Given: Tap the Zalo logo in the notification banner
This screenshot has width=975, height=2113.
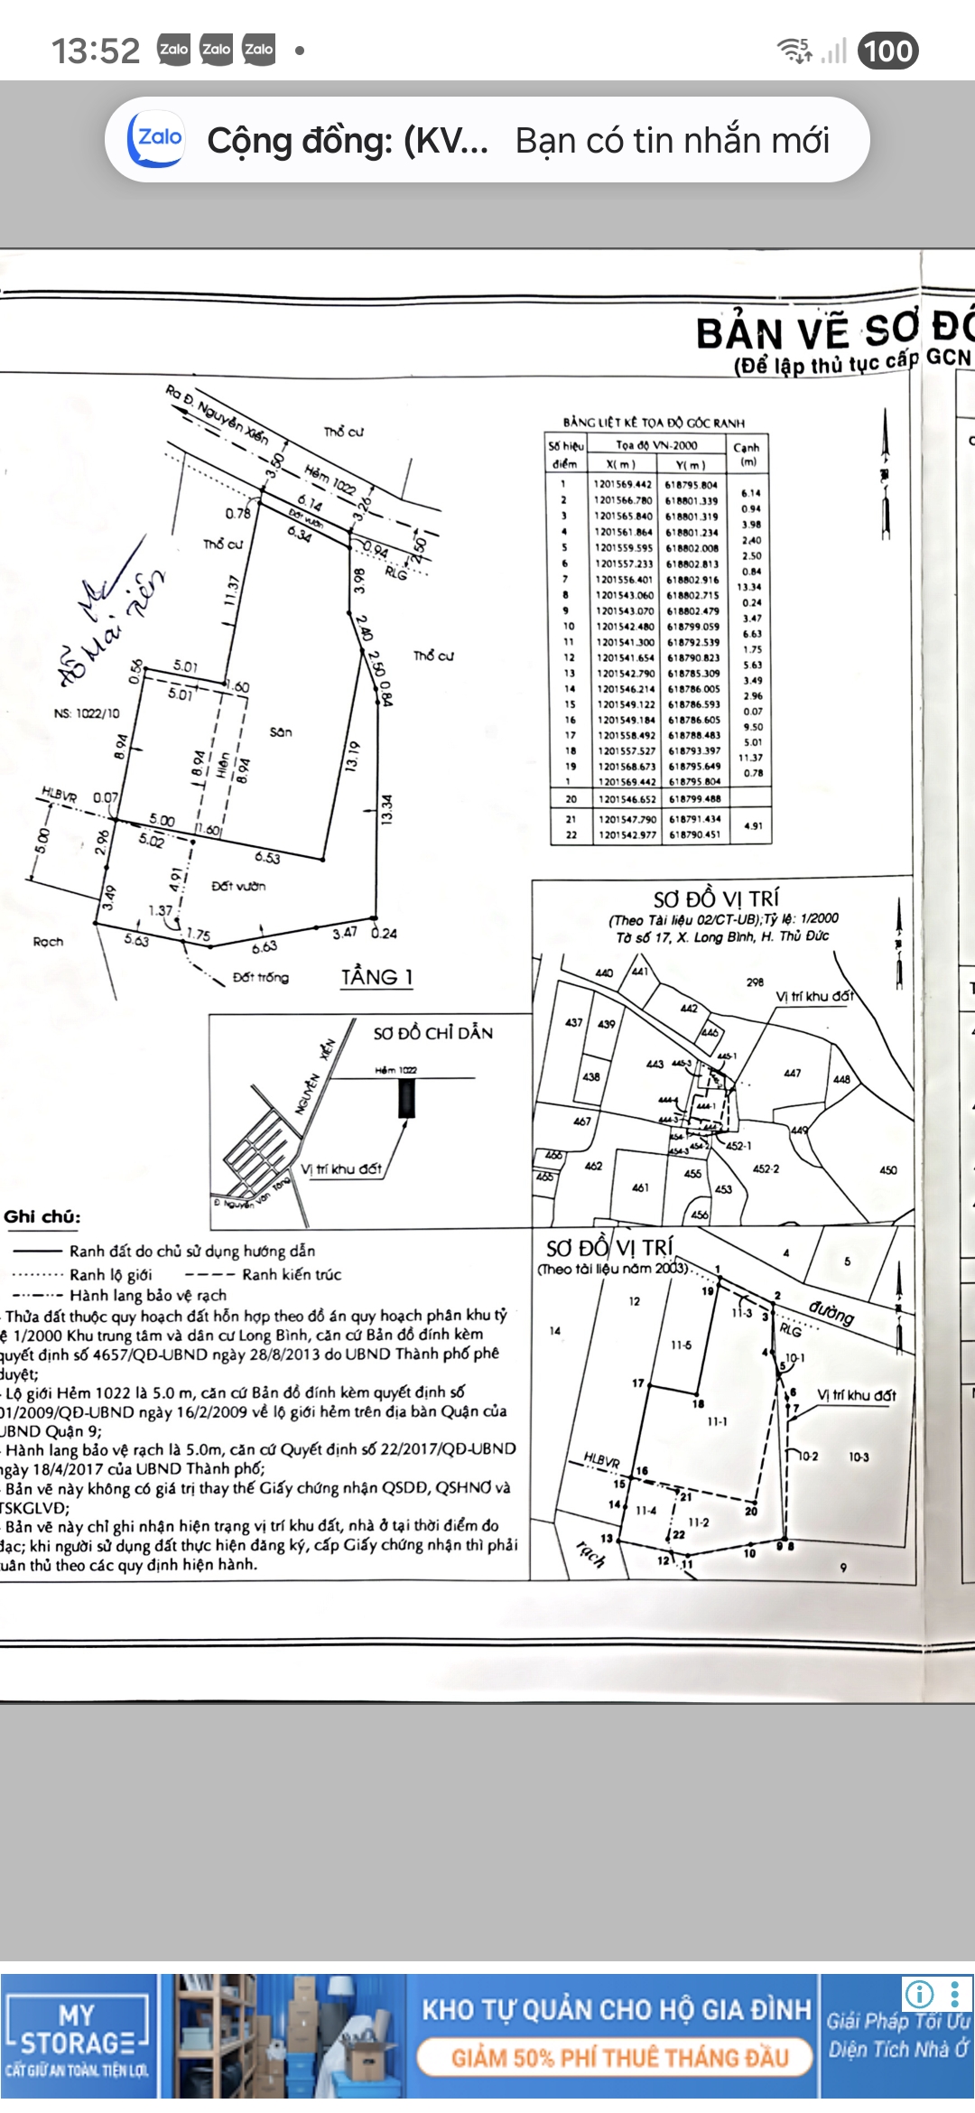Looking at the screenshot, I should [x=157, y=139].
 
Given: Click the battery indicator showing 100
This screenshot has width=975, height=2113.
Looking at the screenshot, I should [x=887, y=51].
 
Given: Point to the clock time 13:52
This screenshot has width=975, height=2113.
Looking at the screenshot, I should [x=96, y=51].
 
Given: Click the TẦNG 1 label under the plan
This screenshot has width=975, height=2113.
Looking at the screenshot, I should [x=376, y=977].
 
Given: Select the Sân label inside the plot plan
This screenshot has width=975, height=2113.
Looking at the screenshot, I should [x=281, y=731].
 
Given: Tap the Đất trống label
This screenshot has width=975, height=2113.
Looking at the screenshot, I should [x=261, y=977].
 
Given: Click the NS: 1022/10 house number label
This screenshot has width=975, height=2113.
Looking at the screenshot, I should [x=87, y=713].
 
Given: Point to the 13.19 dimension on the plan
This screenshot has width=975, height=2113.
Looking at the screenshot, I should [x=353, y=755].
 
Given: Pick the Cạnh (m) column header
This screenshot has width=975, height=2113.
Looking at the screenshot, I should [x=747, y=454].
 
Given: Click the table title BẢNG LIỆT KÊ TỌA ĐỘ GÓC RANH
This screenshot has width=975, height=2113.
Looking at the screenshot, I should [x=655, y=423].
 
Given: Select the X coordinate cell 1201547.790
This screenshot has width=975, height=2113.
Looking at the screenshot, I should [x=627, y=819].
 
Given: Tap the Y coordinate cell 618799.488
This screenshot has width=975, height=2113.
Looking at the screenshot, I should [x=694, y=799].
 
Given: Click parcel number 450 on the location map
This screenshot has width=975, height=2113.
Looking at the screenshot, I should [x=888, y=1170].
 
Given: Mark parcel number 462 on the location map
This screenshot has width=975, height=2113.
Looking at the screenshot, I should [x=593, y=1166].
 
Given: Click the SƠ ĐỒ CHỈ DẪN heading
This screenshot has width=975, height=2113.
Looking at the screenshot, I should [x=433, y=1033].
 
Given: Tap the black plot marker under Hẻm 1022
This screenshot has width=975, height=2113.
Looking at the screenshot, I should [x=407, y=1098].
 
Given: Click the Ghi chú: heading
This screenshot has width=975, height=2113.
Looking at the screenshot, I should [x=42, y=1216].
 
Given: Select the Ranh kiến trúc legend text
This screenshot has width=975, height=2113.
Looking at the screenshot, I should [x=292, y=1274].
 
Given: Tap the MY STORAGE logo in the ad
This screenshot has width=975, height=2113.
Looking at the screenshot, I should [x=77, y=2035].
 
